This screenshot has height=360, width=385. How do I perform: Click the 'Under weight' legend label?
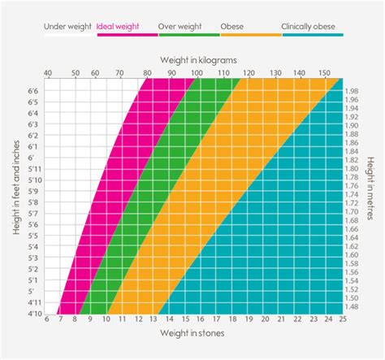tap(69, 27)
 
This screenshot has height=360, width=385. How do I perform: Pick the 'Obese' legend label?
tap(232, 27)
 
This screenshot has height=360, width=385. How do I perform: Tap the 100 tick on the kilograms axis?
tap(196, 74)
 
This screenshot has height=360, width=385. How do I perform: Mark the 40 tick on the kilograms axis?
tap(47, 74)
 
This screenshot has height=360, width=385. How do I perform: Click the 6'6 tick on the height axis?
tap(33, 91)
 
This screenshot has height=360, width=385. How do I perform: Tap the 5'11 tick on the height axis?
tap(33, 169)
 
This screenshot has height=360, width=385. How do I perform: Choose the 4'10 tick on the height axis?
tap(33, 312)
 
